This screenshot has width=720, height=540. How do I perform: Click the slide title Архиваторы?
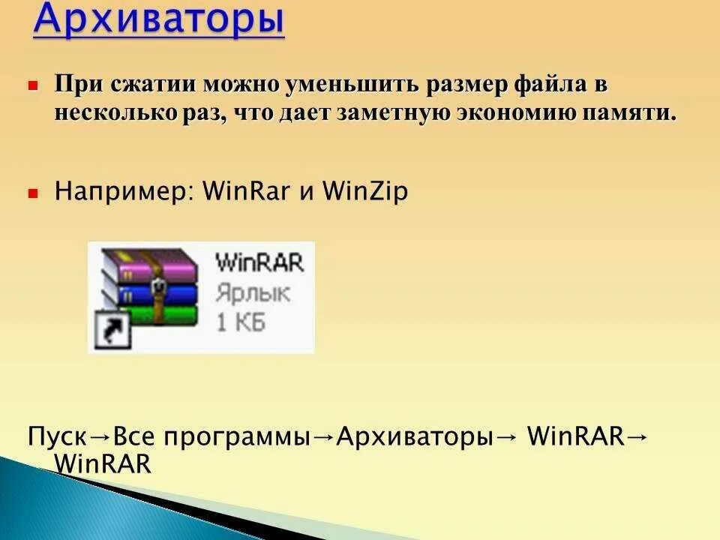pos(159,20)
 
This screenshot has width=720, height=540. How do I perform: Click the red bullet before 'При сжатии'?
pos(33,86)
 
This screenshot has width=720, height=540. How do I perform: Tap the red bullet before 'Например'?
pos(33,193)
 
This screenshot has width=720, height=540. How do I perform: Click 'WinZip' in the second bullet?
pos(365,192)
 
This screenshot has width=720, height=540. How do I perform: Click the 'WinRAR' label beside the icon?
pos(259,263)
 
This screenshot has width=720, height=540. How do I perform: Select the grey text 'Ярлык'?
pos(251,293)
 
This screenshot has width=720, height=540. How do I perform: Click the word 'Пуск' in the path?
pos(58,437)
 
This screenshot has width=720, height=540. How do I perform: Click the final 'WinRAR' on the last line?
pos(103,464)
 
